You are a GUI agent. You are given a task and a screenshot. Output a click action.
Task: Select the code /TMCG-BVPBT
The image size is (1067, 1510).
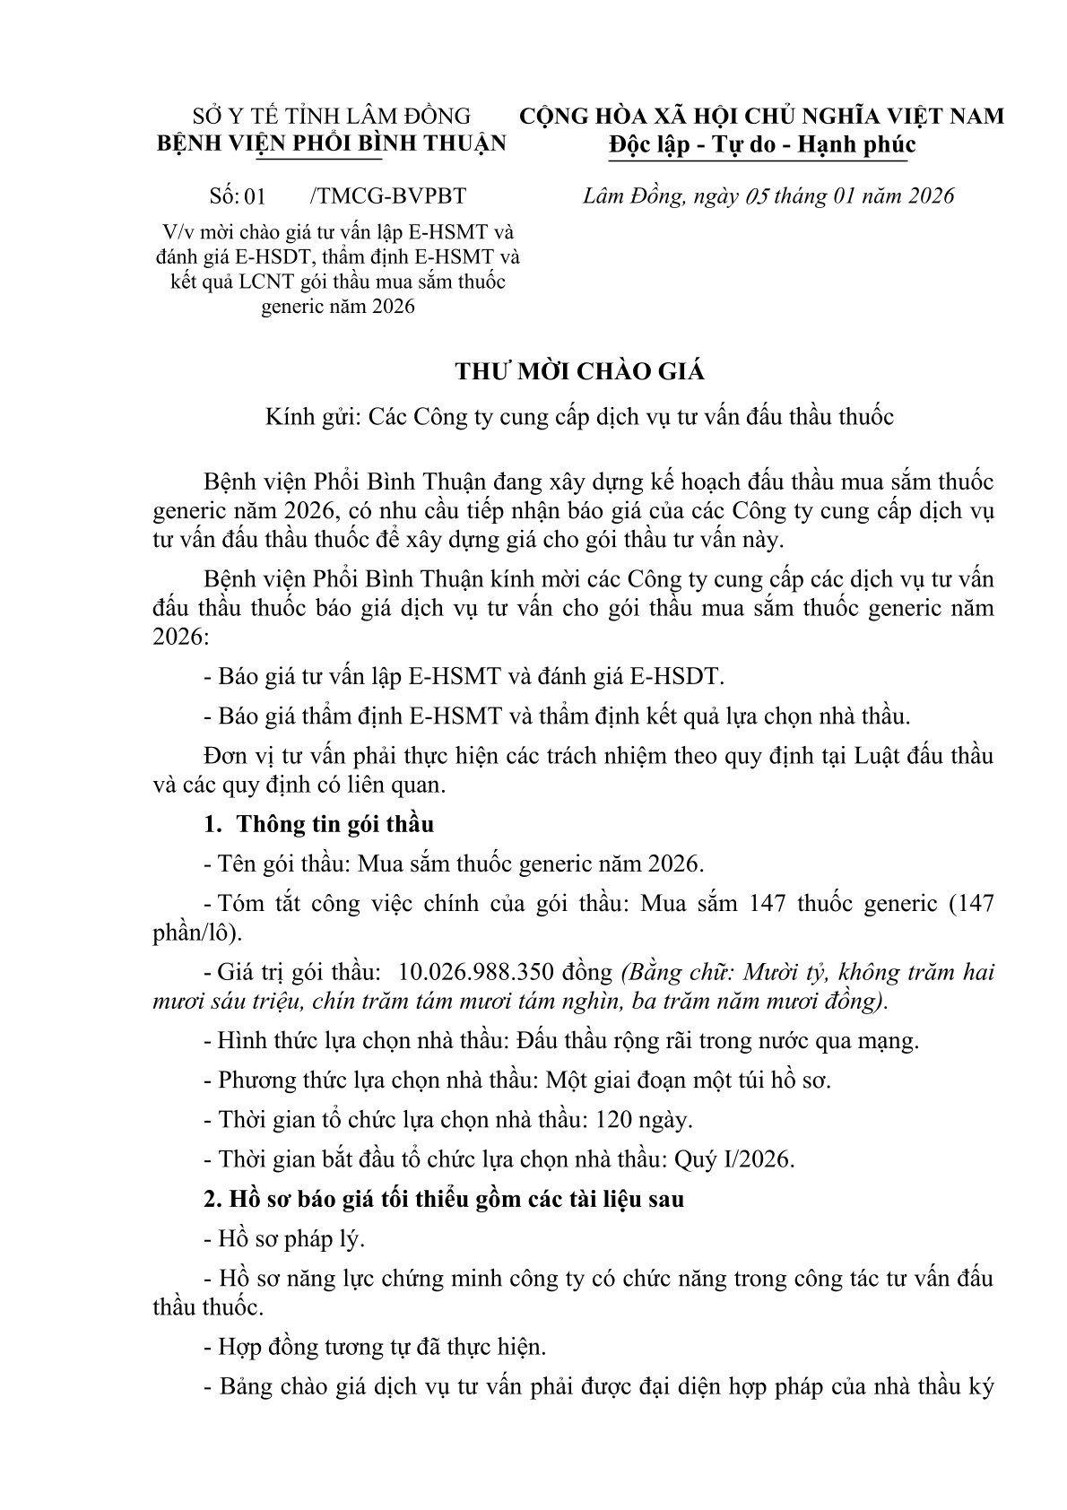[x=386, y=196]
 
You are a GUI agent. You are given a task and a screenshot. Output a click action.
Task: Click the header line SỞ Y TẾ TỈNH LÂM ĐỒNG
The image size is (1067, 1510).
[x=333, y=116]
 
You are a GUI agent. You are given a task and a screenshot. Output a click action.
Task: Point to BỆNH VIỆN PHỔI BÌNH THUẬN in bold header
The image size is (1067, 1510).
[x=332, y=143]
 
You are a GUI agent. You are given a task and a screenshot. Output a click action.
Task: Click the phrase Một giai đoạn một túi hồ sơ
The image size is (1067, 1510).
[x=688, y=1080]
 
